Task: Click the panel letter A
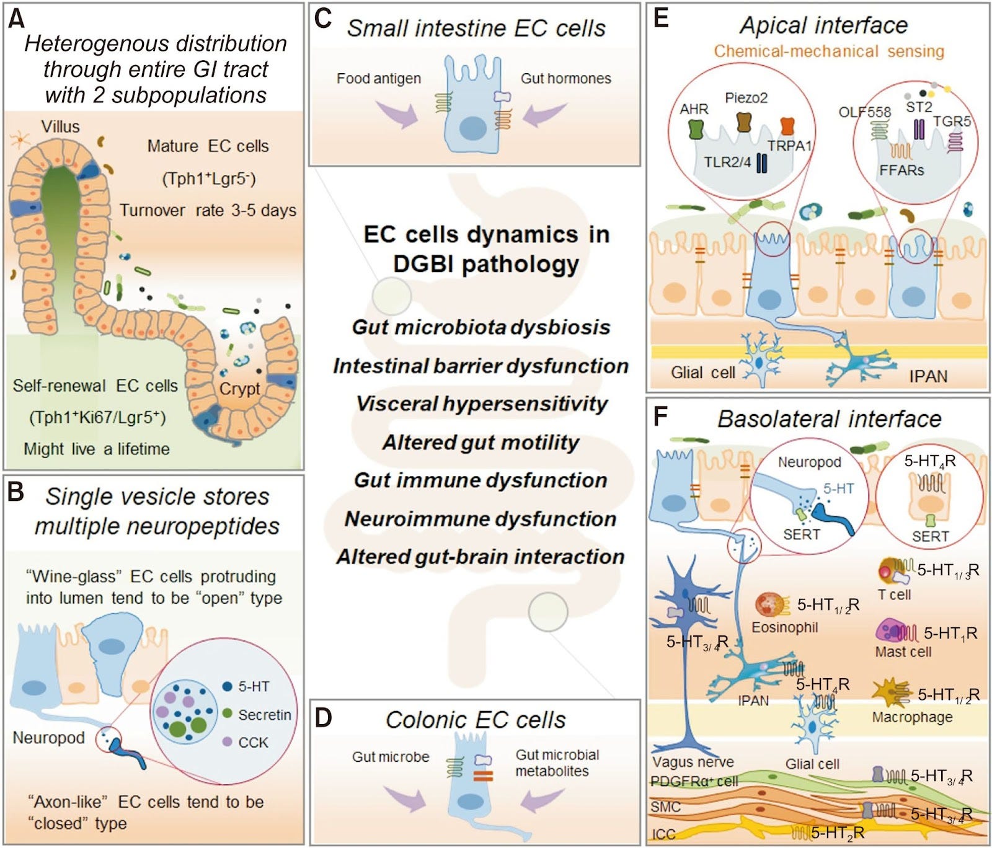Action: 17,19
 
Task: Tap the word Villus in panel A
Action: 60,126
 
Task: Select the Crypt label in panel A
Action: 239,389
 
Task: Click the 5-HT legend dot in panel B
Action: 227,686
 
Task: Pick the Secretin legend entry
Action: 264,715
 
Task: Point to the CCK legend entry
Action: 253,742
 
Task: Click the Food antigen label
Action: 378,79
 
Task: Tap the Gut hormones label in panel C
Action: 565,79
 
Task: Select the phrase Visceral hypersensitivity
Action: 481,404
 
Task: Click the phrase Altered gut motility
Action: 480,442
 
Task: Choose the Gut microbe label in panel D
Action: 390,757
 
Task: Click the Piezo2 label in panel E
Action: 746,98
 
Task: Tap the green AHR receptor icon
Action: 696,129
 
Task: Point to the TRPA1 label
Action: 789,146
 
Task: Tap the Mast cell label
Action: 903,651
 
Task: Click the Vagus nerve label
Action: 693,762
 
